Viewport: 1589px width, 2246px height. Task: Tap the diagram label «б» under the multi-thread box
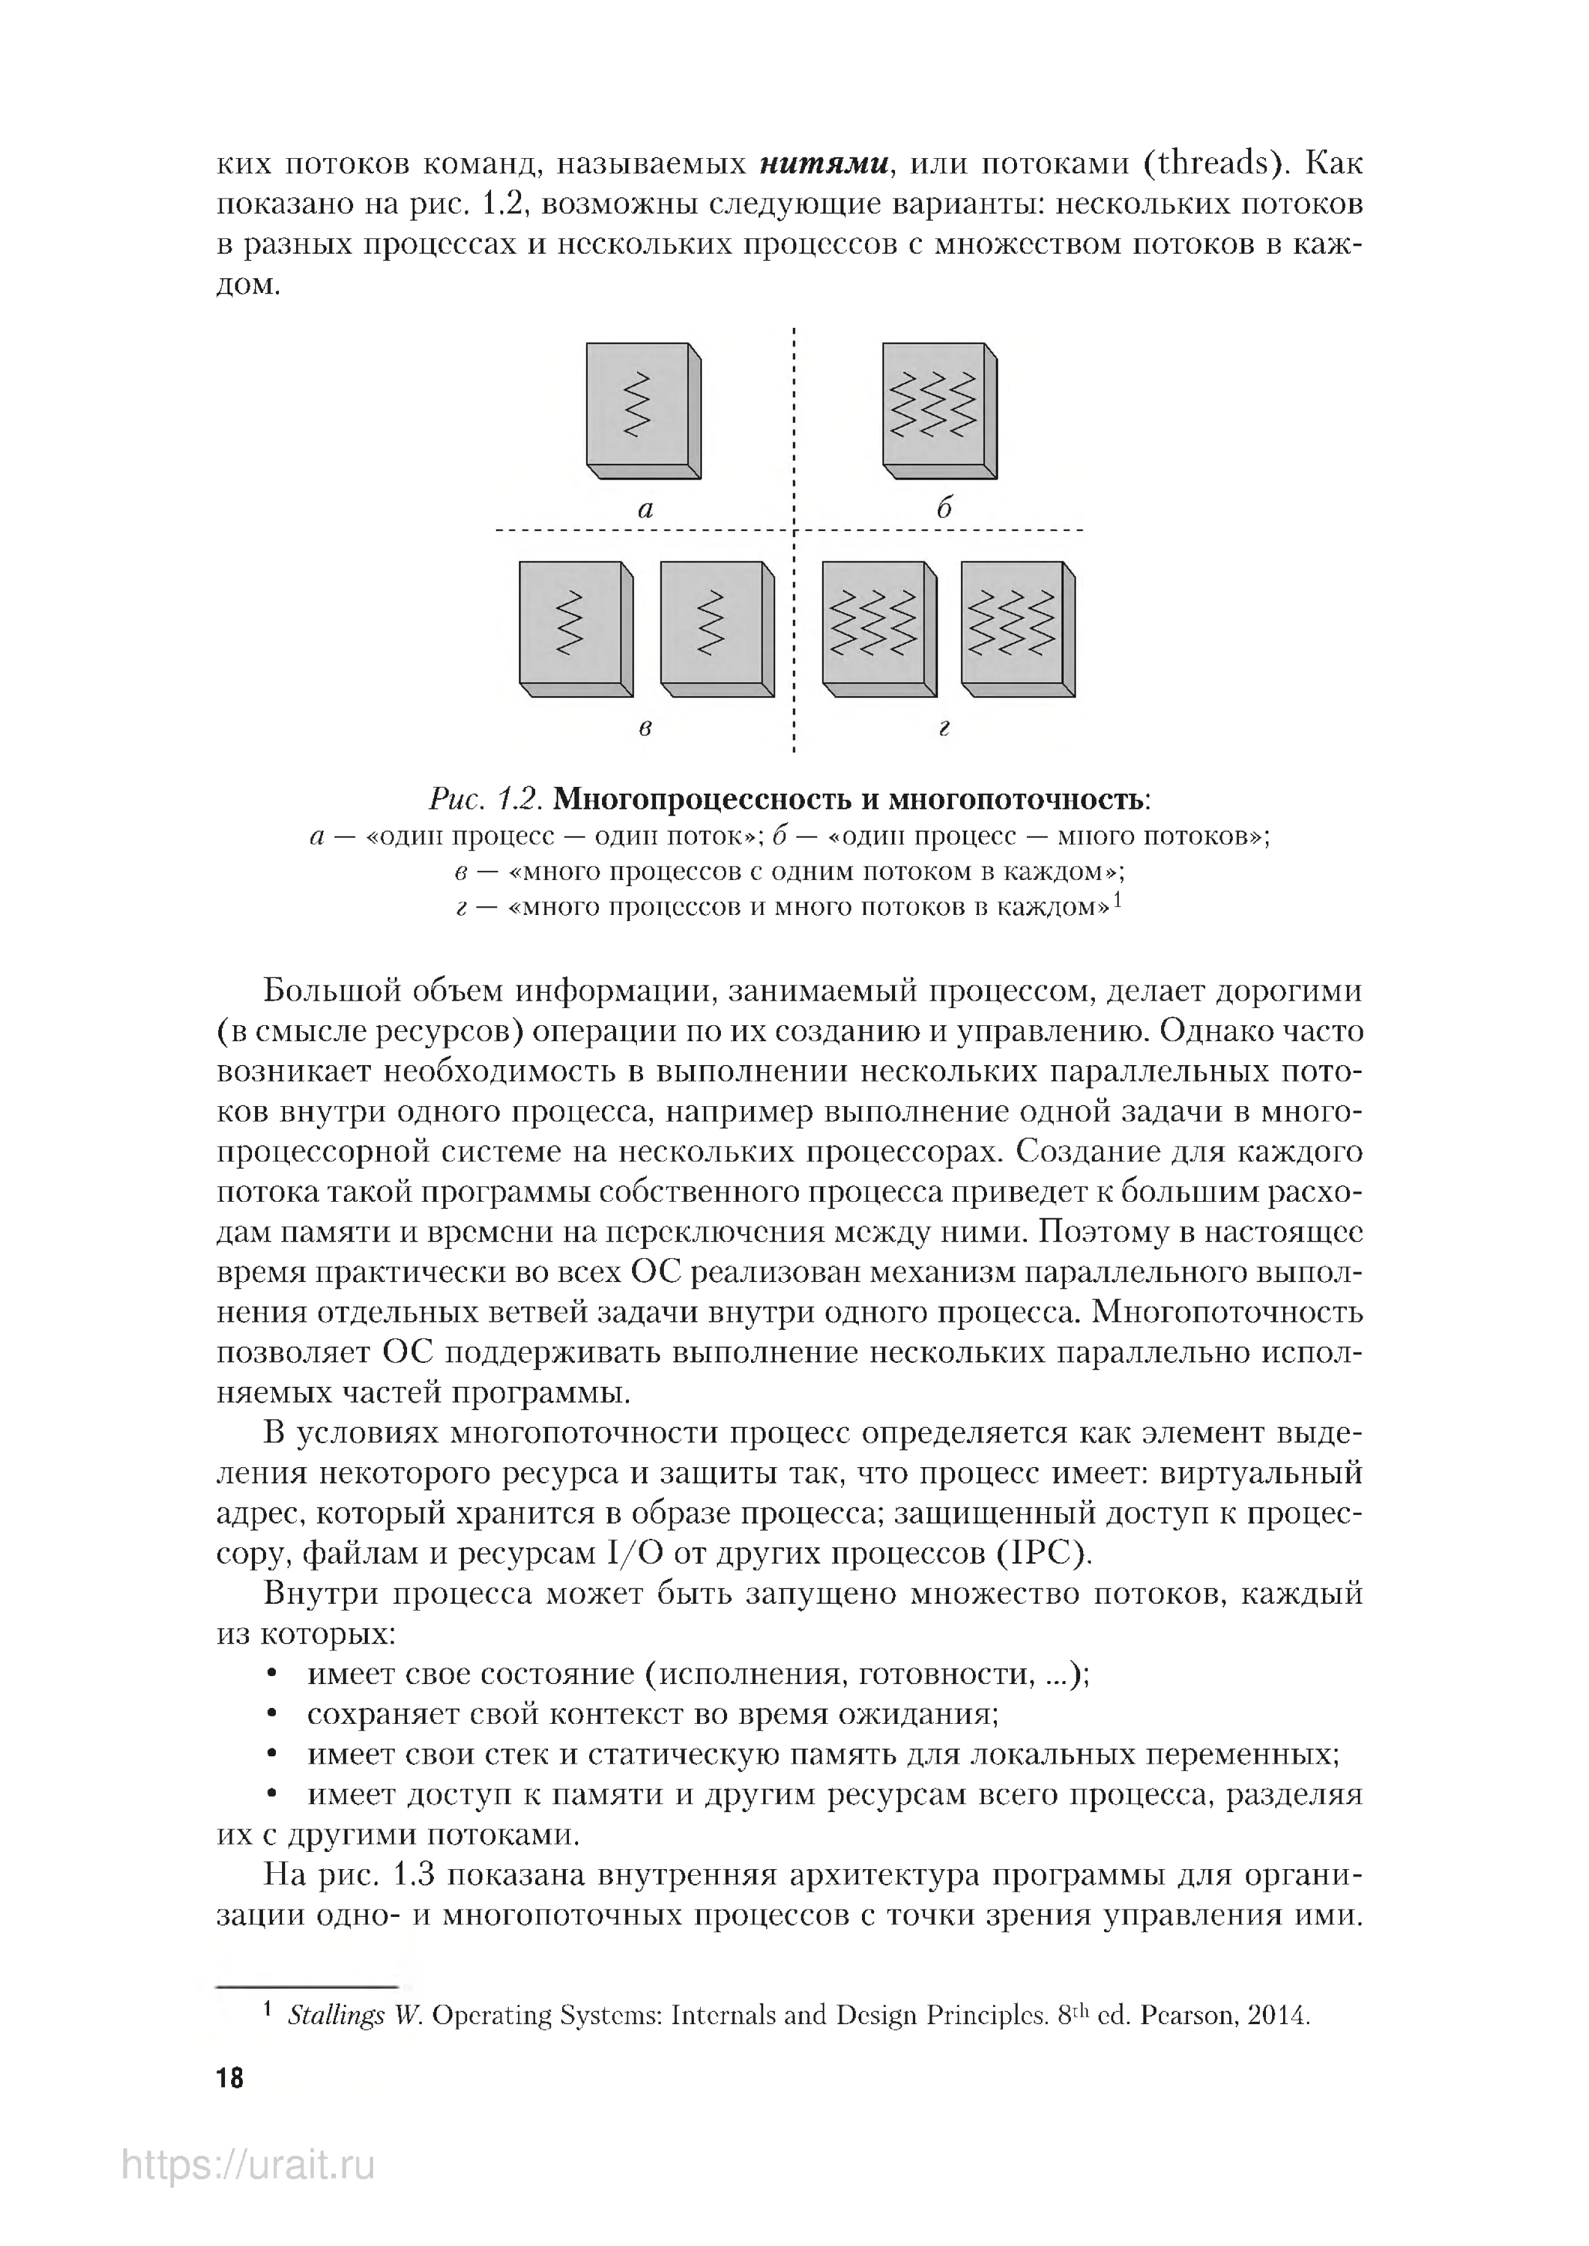(x=943, y=509)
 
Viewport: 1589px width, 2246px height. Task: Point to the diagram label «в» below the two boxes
(x=645, y=729)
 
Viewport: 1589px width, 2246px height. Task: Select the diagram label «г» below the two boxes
(x=943, y=729)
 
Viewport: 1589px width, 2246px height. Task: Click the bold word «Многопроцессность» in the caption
(x=701, y=800)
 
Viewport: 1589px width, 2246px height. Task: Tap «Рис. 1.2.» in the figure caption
(x=486, y=800)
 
